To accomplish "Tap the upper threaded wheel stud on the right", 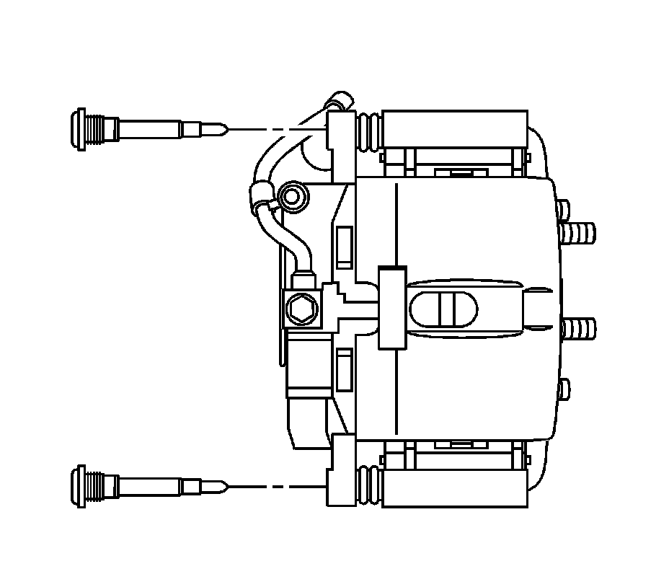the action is pyautogui.click(x=578, y=233).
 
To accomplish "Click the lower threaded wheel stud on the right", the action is pyautogui.click(x=578, y=328).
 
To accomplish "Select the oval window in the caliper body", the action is pyautogui.click(x=443, y=311).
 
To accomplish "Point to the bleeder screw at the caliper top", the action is pyautogui.click(x=339, y=100).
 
